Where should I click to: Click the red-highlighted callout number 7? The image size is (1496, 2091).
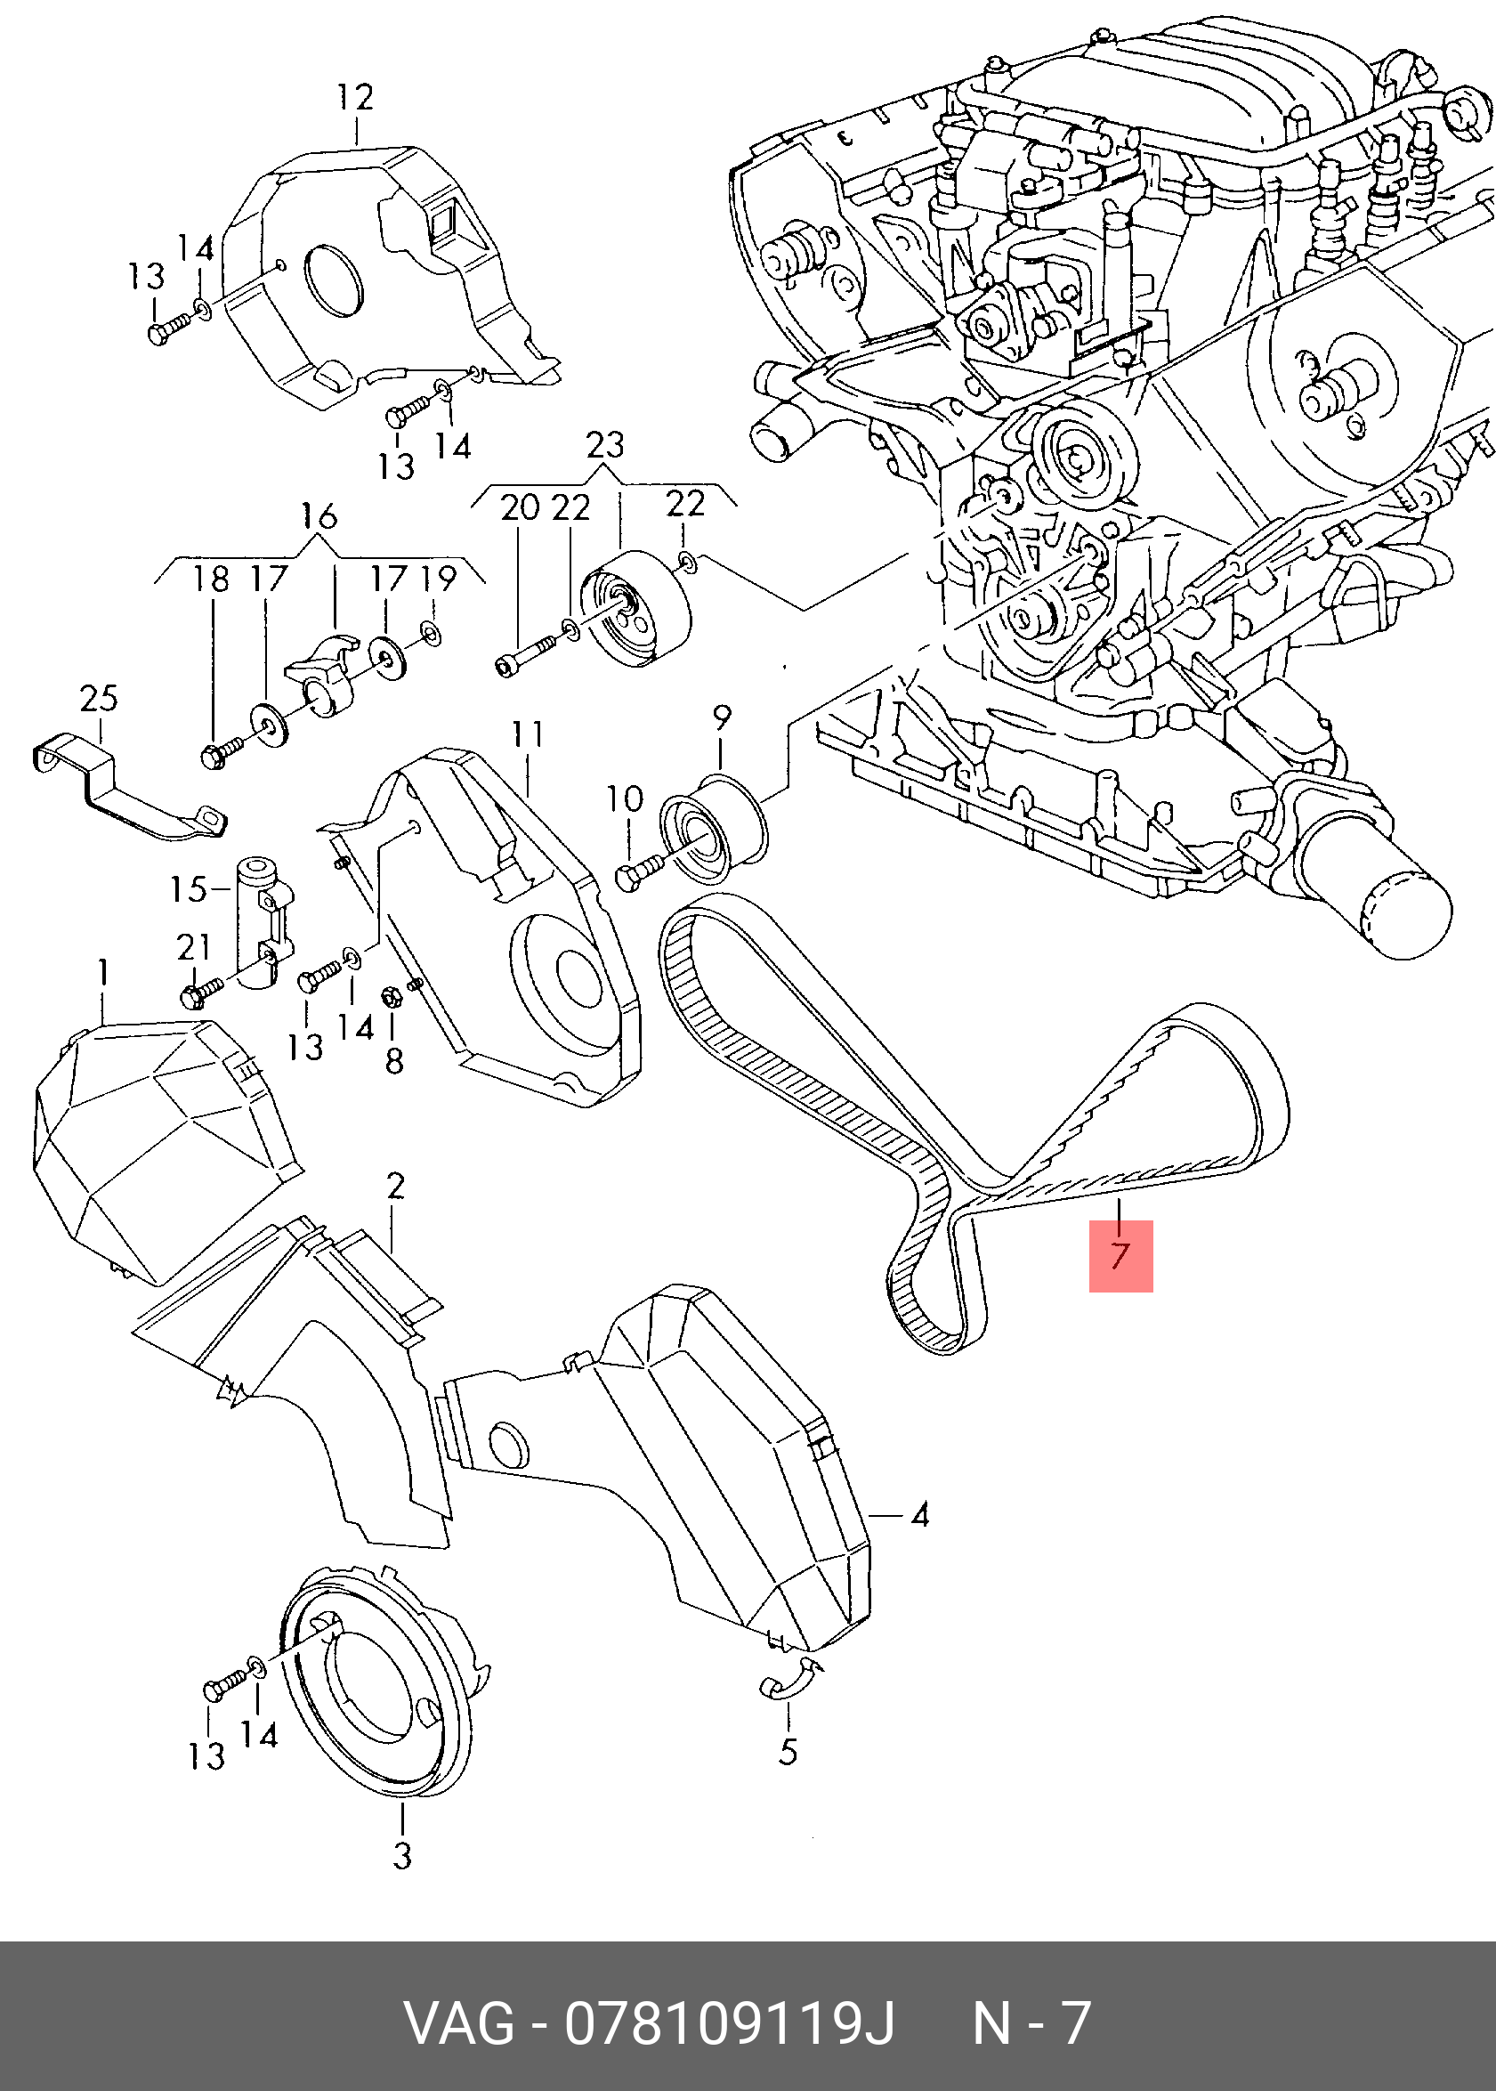(1120, 1255)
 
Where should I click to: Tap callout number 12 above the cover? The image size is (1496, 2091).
(356, 98)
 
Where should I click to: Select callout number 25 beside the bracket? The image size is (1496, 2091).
(99, 699)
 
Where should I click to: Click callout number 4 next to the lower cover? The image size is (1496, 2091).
(919, 1514)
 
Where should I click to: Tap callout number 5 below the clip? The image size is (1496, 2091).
(788, 1750)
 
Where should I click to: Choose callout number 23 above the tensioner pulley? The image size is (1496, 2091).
(604, 446)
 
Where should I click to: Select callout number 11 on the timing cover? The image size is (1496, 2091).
(529, 735)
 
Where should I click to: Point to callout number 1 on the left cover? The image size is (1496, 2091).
(103, 974)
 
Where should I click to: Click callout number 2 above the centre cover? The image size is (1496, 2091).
(395, 1186)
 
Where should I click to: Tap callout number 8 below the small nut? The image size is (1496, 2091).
(394, 1061)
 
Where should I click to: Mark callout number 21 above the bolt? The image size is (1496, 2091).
(194, 947)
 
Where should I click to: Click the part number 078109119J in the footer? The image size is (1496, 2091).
(730, 2022)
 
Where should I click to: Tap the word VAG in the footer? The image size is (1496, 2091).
(460, 2022)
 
